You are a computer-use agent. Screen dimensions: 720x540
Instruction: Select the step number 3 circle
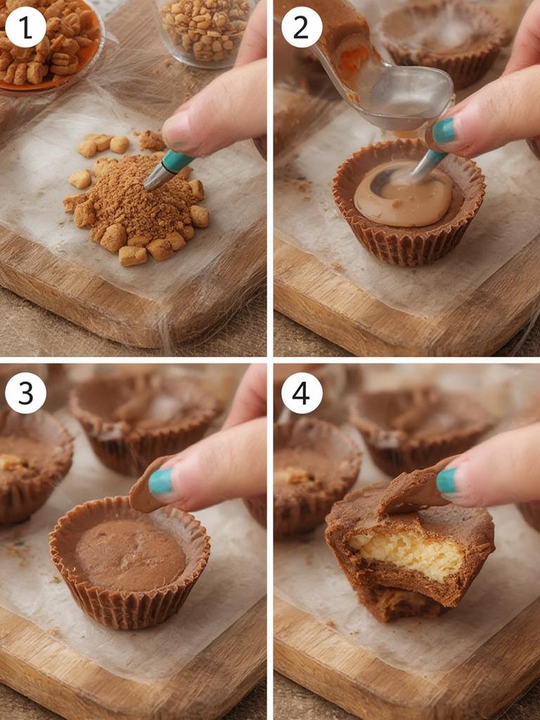coord(25,392)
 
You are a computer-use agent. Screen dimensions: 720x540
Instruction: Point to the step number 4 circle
coord(302,392)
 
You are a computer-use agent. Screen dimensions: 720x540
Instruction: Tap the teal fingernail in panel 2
coord(444,131)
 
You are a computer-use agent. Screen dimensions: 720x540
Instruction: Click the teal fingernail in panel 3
coord(160,482)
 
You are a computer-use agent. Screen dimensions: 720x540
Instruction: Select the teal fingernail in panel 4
coord(446,480)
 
